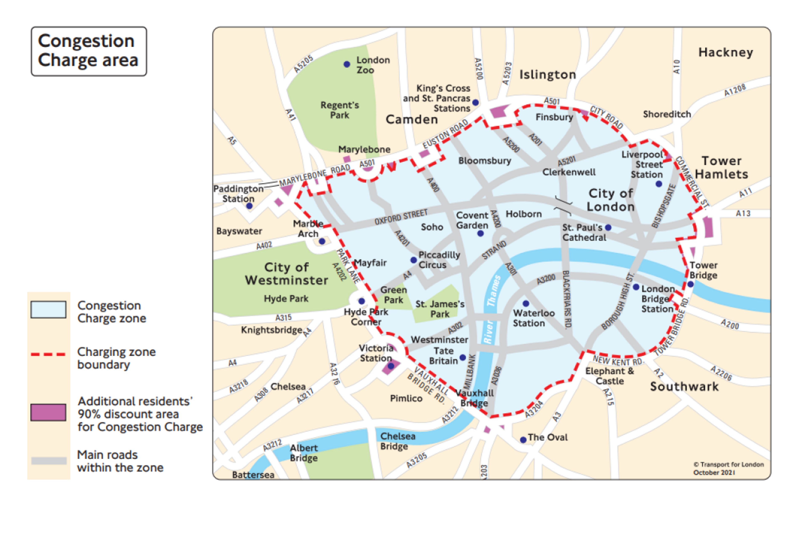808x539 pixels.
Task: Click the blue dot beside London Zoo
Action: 347,64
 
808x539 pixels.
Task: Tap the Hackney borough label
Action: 725,52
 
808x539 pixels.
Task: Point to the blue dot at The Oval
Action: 523,440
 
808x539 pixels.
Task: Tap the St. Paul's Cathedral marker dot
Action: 608,227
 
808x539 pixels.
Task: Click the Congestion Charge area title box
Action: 89,51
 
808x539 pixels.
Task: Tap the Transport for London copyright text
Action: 728,468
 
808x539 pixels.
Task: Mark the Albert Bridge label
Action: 304,453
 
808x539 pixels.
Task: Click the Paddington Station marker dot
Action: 249,206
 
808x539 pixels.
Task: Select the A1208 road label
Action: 735,90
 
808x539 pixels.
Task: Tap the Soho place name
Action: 432,227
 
